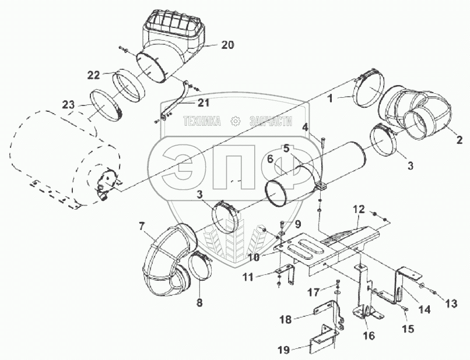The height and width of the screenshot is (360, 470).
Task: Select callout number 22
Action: tap(93, 75)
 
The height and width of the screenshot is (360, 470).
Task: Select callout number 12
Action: tap(359, 209)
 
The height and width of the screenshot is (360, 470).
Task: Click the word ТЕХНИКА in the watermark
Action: tap(201, 122)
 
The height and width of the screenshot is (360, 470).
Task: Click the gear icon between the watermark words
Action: tap(235, 121)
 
